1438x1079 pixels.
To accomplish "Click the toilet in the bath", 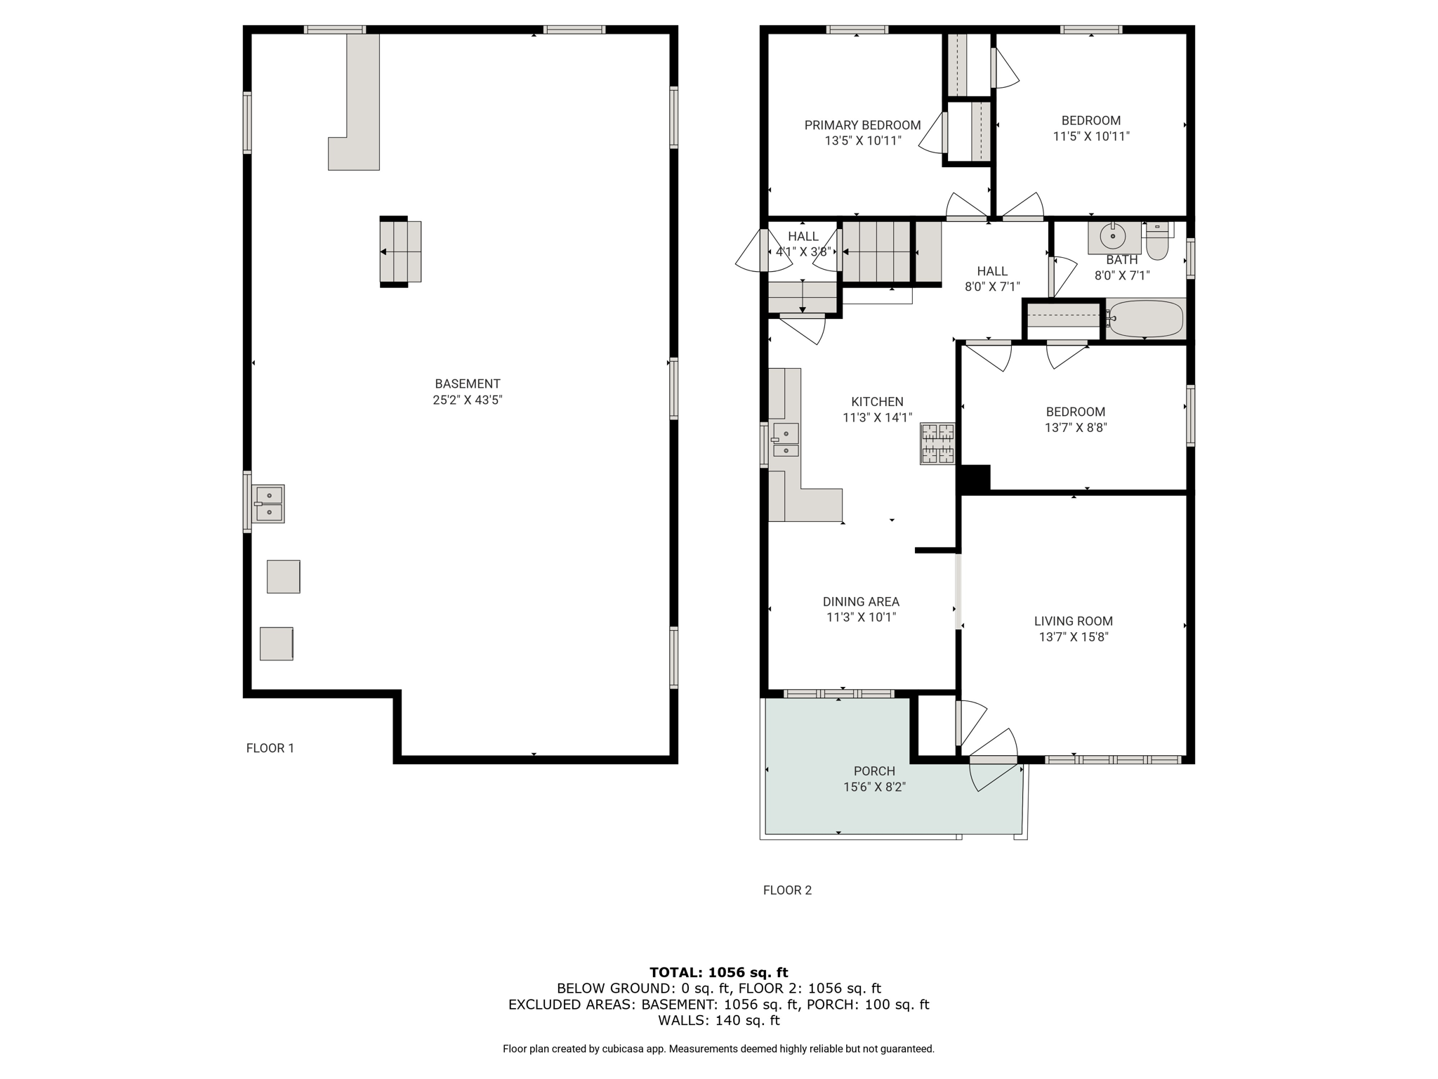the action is click(x=1157, y=241).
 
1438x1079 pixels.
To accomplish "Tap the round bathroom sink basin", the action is click(x=1113, y=237).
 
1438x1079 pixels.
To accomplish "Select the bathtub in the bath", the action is click(x=1145, y=318).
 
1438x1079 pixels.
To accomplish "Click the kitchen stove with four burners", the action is click(x=937, y=443).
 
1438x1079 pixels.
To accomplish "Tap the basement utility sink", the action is click(x=268, y=504).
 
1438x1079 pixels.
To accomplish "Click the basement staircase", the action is click(x=400, y=251).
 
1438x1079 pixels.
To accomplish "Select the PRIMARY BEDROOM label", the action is click(x=862, y=125).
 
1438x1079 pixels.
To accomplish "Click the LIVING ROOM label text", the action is click(x=1073, y=621).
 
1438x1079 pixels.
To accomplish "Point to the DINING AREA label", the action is click(x=861, y=601).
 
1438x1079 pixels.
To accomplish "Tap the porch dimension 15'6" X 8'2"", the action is click(x=874, y=787).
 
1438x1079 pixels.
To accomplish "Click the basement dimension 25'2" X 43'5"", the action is click(x=468, y=400).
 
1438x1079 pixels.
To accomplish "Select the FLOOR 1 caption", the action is click(x=270, y=748).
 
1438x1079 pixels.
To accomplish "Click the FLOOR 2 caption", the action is click(x=787, y=890).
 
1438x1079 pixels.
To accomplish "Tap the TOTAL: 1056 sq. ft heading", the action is click(x=719, y=972).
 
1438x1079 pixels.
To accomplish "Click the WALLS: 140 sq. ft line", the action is click(x=719, y=1020).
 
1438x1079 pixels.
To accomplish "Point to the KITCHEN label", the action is click(x=877, y=402).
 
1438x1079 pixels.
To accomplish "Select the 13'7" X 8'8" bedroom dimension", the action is click(x=1076, y=427).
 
